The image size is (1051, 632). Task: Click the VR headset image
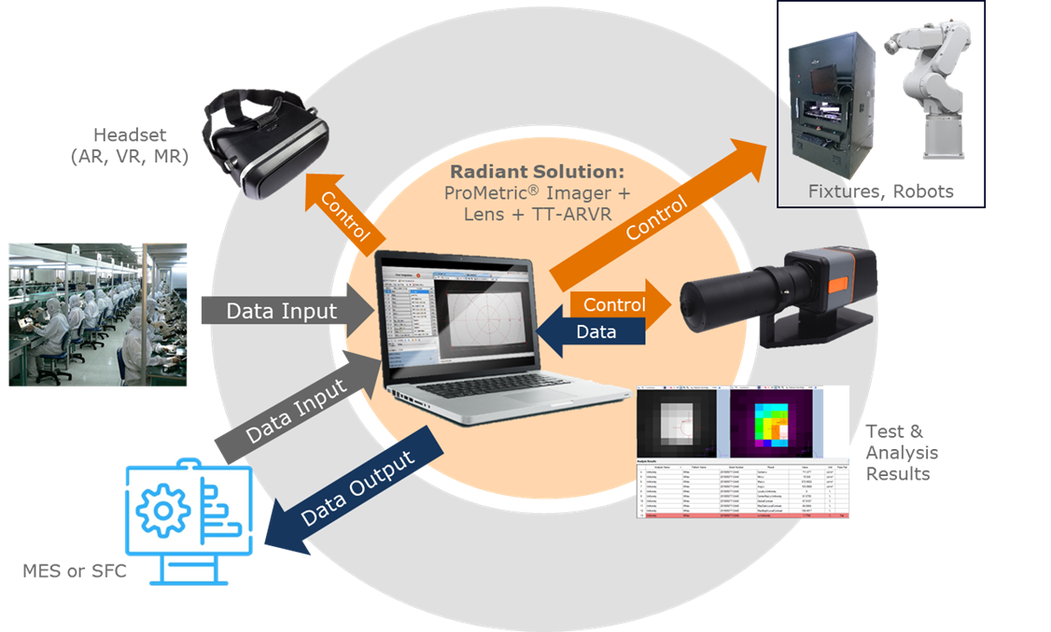[x=267, y=144]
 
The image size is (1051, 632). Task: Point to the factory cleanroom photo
[x=98, y=314]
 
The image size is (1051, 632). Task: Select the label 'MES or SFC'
[x=74, y=569]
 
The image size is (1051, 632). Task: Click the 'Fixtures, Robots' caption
[x=881, y=191]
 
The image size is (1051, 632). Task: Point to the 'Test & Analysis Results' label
[x=902, y=452]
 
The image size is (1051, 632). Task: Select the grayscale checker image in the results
[x=679, y=423]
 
